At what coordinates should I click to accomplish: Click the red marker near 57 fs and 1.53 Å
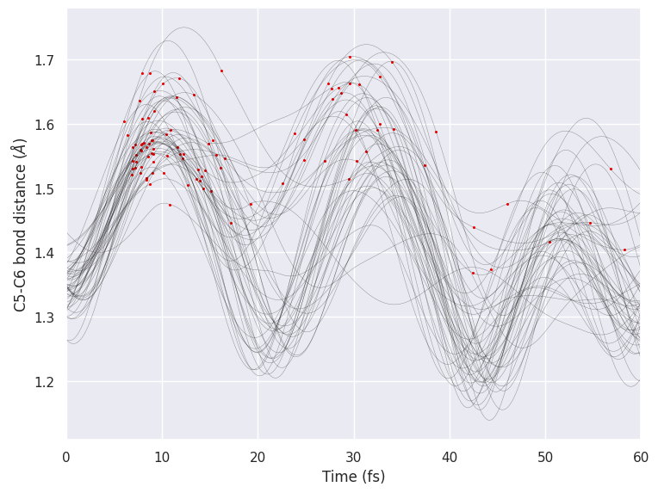(611, 169)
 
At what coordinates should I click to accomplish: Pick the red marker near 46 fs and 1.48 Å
(507, 204)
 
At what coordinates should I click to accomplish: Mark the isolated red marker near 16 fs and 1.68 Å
(221, 71)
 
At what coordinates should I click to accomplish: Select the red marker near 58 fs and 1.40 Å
(624, 250)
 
